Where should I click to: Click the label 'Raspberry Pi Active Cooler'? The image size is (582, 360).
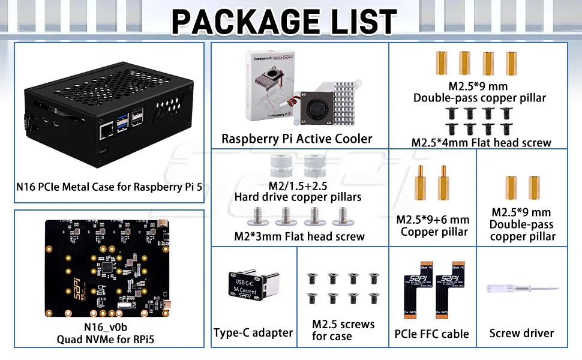pos(296,139)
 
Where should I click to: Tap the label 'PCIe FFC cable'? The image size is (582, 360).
pos(431,334)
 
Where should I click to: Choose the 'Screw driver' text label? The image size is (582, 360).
pos(521,333)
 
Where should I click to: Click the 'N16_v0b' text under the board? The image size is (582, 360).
pos(109,327)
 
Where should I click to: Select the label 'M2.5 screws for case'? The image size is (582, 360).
pos(343,330)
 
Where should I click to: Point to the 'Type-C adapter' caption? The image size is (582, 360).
pos(253,332)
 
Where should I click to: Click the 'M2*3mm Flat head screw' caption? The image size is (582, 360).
pos(299,236)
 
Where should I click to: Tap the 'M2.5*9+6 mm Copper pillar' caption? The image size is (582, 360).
pos(433,226)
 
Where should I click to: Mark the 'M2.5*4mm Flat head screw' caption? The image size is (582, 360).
pos(481,142)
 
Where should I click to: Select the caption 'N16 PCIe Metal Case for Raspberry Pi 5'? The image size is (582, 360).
pos(109,187)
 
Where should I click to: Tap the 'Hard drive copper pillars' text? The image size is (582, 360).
pos(298,196)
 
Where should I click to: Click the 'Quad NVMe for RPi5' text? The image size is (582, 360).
pos(109,339)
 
